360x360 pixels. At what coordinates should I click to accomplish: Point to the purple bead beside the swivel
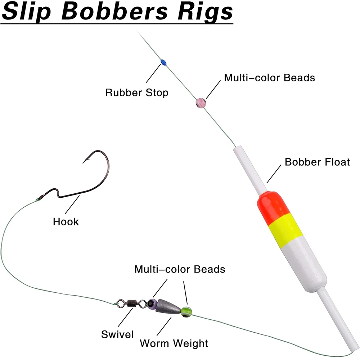[152, 303]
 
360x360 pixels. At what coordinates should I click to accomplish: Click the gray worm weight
[168, 306]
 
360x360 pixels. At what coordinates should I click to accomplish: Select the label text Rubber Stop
[137, 93]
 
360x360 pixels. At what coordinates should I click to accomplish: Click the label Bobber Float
[317, 162]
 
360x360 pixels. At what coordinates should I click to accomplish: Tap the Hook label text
[66, 221]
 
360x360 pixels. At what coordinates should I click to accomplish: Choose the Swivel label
[117, 334]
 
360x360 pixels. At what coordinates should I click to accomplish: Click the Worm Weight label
[174, 343]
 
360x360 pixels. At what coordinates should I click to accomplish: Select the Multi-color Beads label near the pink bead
[270, 77]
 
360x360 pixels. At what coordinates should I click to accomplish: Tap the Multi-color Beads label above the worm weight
[180, 269]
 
